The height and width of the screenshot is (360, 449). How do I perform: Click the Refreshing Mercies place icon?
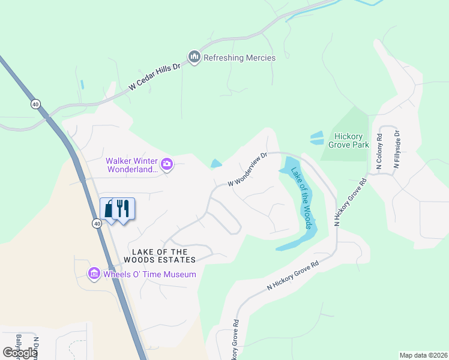[x=194, y=58]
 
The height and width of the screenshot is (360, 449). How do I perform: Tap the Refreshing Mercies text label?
[x=240, y=58]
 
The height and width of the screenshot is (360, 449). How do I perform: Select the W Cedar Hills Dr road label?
[x=154, y=78]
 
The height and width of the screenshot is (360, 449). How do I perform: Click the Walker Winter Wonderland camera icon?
[x=167, y=164]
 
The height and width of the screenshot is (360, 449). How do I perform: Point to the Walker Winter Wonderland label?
[x=131, y=165]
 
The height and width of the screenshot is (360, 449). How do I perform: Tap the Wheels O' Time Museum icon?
[x=94, y=274]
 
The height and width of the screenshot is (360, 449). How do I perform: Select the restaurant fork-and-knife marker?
[x=123, y=208]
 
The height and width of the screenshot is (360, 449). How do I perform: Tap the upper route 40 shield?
[x=36, y=104]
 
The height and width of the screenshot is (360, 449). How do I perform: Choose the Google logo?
[x=20, y=353]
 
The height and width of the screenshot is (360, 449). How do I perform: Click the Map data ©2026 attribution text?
[x=423, y=355]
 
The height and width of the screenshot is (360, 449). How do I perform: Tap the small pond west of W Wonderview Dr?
[x=215, y=164]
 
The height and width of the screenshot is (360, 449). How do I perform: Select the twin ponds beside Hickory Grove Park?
[x=316, y=137]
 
